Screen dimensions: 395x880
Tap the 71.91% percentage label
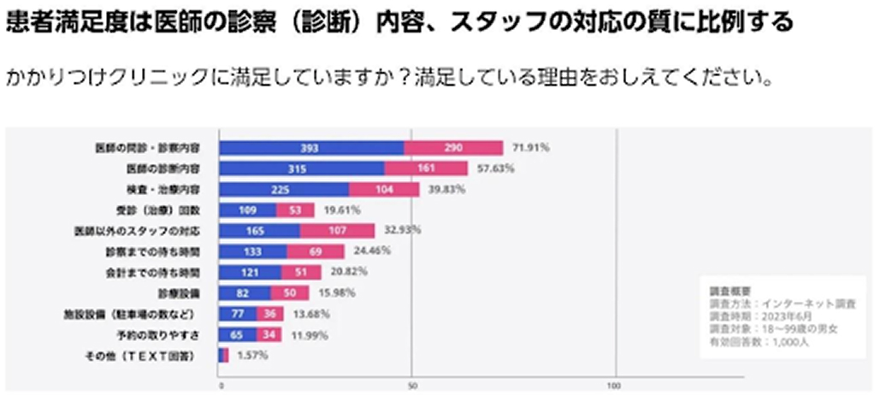click(531, 148)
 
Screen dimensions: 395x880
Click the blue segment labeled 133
click(253, 251)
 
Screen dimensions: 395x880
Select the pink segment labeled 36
click(272, 314)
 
